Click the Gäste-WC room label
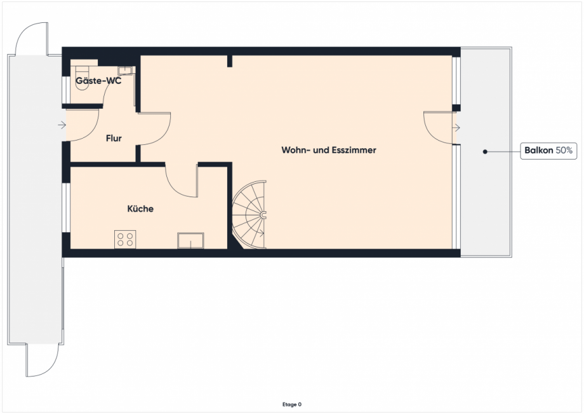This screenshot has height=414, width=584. [x=98, y=81]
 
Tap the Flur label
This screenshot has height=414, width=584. [x=114, y=138]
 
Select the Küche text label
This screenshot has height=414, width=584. [x=140, y=209]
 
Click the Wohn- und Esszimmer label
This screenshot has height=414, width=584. [x=329, y=151]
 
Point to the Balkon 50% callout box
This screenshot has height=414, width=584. [x=548, y=151]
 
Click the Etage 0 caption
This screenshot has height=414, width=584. [x=292, y=404]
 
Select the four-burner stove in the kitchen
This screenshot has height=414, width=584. [x=125, y=239]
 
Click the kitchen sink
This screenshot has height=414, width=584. [x=190, y=240]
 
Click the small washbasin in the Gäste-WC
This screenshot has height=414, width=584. [x=125, y=71]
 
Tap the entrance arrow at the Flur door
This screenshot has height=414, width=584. [x=62, y=125]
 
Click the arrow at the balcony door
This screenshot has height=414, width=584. [x=456, y=128]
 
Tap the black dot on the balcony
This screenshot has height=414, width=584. [x=485, y=151]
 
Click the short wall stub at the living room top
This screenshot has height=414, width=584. [x=230, y=61]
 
